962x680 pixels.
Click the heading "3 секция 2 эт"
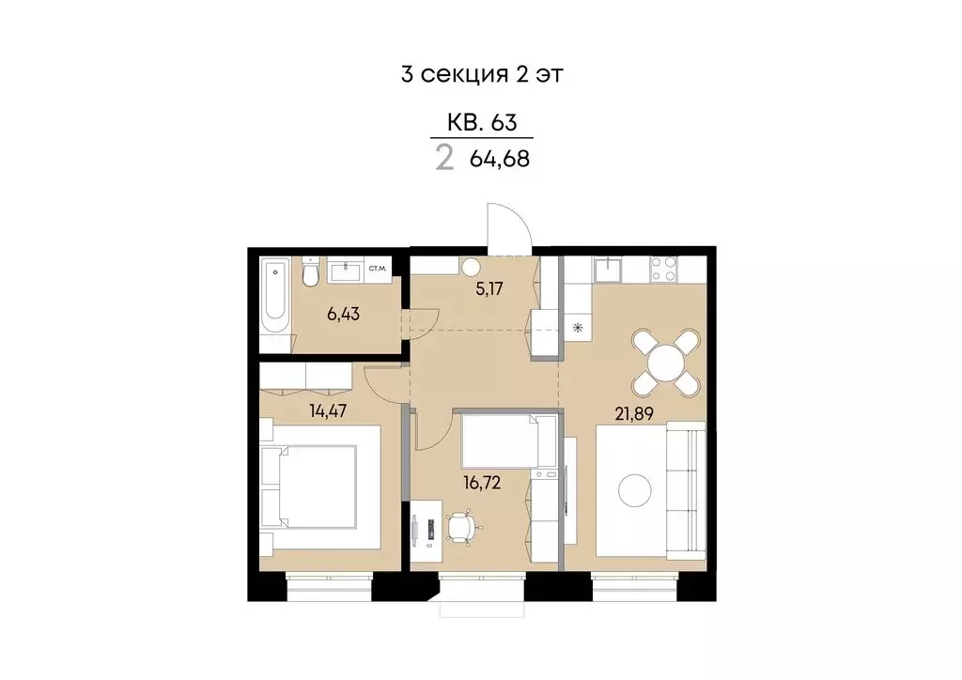[481, 75]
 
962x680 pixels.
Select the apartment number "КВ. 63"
[481, 122]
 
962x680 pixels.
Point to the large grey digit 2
[444, 157]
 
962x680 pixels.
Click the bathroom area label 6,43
[343, 313]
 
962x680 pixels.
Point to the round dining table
[666, 362]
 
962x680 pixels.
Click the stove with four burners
[665, 269]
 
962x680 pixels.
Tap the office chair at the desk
[461, 527]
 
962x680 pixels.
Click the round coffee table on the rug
[635, 489]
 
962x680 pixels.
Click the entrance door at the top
[507, 229]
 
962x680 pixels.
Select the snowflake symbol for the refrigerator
[578, 328]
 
